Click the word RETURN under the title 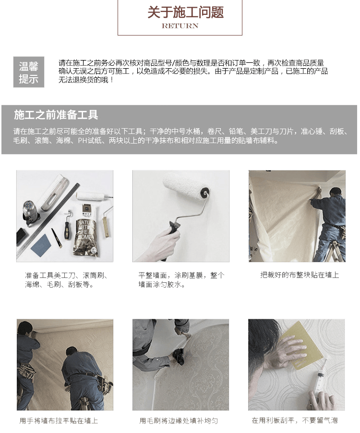click(x=180, y=26)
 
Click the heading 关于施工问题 click(x=186, y=12)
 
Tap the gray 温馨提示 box click(x=29, y=72)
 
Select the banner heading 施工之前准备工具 click(x=56, y=115)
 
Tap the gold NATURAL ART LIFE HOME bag click(x=85, y=229)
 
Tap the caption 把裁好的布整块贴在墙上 click(x=300, y=275)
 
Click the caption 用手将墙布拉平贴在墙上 click(x=59, y=421)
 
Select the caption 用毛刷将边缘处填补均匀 click(x=179, y=421)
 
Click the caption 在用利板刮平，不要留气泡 click(x=295, y=421)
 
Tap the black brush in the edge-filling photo click(x=180, y=356)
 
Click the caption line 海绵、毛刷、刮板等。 click(x=60, y=285)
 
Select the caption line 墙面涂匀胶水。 click(x=162, y=285)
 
